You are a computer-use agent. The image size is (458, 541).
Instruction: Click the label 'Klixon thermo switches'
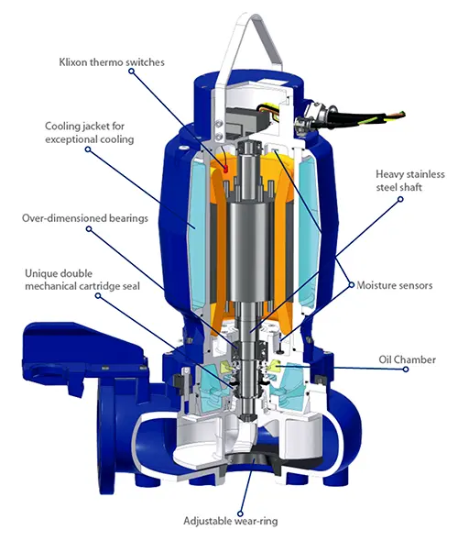click(112, 62)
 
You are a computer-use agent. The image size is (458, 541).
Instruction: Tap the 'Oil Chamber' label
click(407, 359)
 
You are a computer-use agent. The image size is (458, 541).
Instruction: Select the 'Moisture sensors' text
click(394, 285)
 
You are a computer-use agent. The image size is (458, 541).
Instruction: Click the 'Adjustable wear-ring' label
click(230, 521)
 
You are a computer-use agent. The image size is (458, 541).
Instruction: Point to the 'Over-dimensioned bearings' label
click(85, 218)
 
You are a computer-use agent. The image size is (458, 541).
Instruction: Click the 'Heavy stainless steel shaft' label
click(410, 181)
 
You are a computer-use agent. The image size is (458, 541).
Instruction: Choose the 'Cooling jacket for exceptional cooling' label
click(89, 132)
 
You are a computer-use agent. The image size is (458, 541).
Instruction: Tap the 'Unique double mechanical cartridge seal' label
click(82, 280)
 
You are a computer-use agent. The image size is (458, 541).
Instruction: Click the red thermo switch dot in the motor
click(225, 169)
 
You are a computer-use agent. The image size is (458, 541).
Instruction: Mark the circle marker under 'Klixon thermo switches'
click(131, 72)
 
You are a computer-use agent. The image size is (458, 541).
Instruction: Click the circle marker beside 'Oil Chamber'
click(406, 370)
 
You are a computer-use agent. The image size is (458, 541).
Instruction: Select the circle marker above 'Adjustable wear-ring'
click(241, 514)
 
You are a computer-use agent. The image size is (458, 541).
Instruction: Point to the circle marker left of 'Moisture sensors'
click(352, 285)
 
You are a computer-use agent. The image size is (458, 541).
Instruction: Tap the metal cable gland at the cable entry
click(311, 116)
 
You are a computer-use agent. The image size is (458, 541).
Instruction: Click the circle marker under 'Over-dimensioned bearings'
click(89, 228)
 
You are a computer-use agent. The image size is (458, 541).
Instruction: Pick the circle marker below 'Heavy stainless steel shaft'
click(400, 199)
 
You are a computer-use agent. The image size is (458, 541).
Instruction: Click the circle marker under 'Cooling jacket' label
click(88, 149)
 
